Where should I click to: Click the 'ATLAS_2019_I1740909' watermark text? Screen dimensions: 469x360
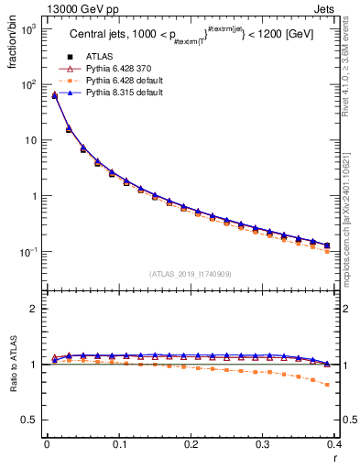tap(190, 274)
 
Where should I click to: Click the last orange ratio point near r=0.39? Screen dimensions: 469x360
tap(327, 385)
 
